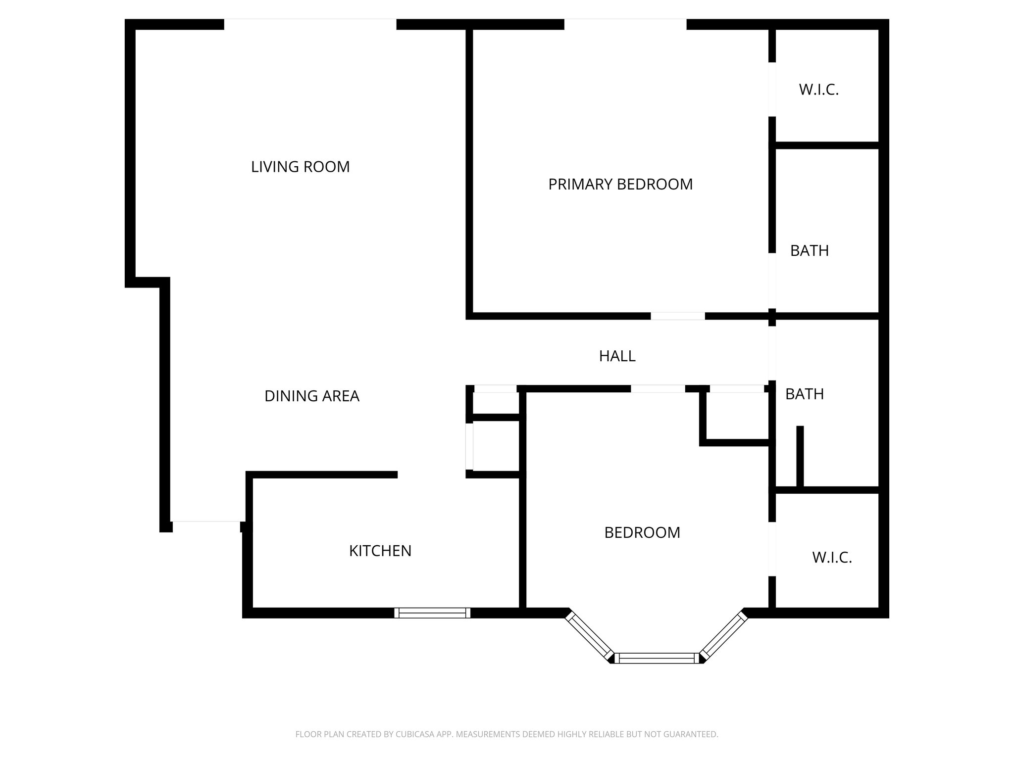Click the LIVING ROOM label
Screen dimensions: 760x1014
300,167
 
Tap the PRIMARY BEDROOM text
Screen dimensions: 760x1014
620,184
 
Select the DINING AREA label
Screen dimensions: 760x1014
311,396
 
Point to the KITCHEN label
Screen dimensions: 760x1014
380,551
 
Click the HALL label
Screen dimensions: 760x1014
617,356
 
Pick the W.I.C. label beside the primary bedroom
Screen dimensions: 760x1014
818,90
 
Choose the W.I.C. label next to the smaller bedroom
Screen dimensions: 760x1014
832,558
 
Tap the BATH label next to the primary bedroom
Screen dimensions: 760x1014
809,251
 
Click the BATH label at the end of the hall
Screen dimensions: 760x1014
804,394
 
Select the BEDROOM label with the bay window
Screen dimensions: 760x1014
642,532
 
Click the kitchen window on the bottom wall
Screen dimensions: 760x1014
432,613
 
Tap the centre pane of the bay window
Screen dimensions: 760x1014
657,658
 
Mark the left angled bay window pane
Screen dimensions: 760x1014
589,635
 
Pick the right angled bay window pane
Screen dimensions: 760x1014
724,635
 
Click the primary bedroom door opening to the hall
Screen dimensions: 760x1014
677,316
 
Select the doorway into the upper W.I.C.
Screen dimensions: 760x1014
771,90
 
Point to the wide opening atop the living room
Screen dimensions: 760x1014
310,24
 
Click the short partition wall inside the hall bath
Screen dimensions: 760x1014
799,456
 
